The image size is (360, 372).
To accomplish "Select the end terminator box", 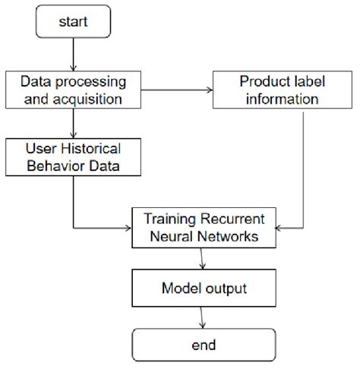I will click(x=204, y=345).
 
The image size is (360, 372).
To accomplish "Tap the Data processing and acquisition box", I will click(x=74, y=90).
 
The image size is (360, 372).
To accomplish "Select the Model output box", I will click(x=204, y=288).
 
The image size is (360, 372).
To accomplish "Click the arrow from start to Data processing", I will click(x=74, y=55).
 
